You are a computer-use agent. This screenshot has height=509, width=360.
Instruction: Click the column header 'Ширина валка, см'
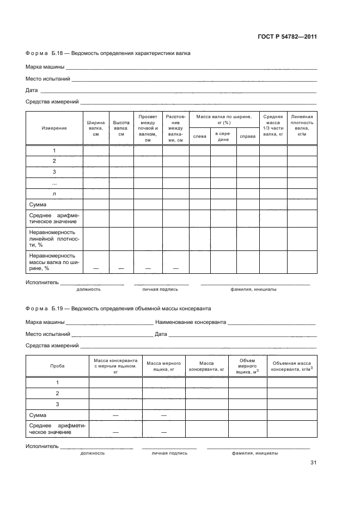[95, 128]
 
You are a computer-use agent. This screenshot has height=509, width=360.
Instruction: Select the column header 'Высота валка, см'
[121, 128]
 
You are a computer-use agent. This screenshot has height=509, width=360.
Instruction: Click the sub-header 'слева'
[199, 136]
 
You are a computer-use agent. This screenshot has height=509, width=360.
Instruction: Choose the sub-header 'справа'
[248, 136]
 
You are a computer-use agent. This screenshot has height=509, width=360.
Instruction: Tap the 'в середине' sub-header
[223, 136]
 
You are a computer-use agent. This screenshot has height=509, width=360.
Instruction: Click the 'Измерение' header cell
[54, 128]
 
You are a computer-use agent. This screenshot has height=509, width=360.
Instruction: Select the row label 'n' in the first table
[54, 194]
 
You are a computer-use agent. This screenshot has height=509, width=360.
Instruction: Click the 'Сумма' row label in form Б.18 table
[38, 205]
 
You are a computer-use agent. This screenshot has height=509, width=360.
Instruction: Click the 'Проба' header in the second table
[57, 366]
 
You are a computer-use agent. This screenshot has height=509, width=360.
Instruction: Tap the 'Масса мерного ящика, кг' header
[164, 366]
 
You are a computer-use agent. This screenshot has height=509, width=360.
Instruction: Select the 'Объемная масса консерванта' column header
[291, 366]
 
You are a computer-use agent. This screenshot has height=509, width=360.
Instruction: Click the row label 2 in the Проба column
[57, 393]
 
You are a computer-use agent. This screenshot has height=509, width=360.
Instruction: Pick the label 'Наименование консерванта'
[190, 322]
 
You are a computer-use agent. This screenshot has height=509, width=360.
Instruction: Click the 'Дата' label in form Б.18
[32, 90]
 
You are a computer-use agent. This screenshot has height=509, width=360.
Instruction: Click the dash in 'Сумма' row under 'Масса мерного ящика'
[164, 415]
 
